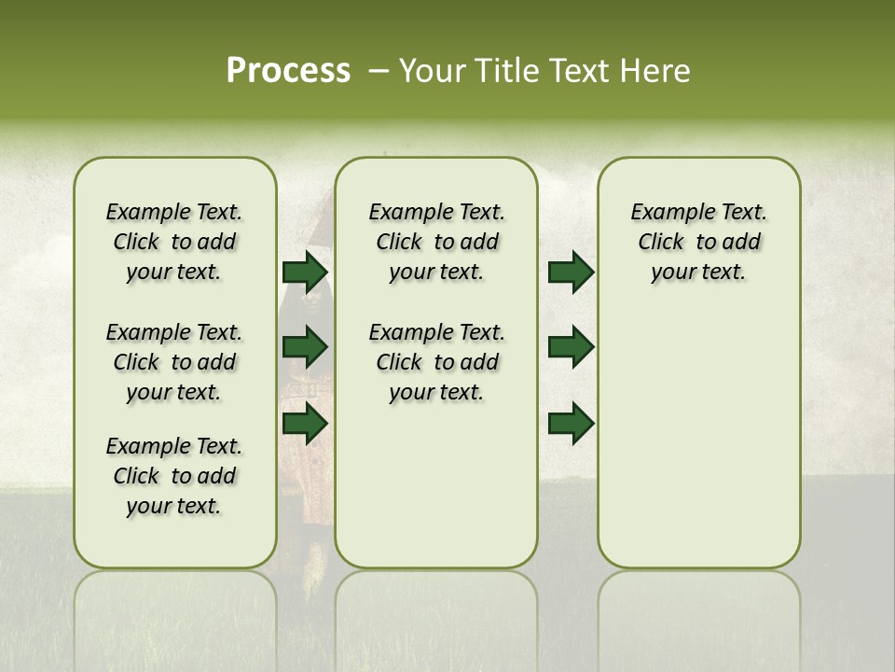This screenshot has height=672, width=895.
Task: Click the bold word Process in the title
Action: tap(288, 70)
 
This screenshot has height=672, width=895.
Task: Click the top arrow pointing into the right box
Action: tap(571, 272)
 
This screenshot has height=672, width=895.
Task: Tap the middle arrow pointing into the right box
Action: tap(571, 347)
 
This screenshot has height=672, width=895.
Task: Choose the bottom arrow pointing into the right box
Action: tap(571, 423)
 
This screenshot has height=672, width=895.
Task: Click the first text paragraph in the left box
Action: tap(174, 242)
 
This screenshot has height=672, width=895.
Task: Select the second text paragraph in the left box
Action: tap(174, 362)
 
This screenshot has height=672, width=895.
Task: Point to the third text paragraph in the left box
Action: tap(174, 476)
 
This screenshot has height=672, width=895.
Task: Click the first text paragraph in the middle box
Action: tap(436, 242)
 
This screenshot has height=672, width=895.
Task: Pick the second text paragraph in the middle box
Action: tap(436, 362)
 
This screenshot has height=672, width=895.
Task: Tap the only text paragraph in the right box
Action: tap(698, 242)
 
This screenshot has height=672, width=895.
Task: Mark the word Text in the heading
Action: tap(575, 71)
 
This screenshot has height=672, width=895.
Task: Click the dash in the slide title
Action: tap(379, 71)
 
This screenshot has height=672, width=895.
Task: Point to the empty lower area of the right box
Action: tap(698, 439)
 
